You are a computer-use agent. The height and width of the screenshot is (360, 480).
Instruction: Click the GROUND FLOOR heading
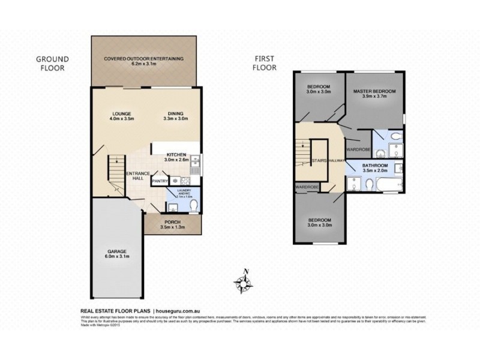coord(52,63)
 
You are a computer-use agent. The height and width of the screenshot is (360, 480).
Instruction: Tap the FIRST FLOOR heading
coord(265,63)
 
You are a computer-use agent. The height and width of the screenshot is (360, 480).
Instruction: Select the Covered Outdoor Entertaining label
coord(143,62)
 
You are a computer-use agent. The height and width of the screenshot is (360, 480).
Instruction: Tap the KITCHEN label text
coord(177,157)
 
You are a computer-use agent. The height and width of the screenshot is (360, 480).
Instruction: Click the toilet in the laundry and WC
coord(192,206)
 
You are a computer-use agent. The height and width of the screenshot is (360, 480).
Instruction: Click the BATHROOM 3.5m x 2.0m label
coord(375,168)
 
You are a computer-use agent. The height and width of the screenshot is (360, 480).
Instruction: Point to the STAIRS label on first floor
coord(319,161)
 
